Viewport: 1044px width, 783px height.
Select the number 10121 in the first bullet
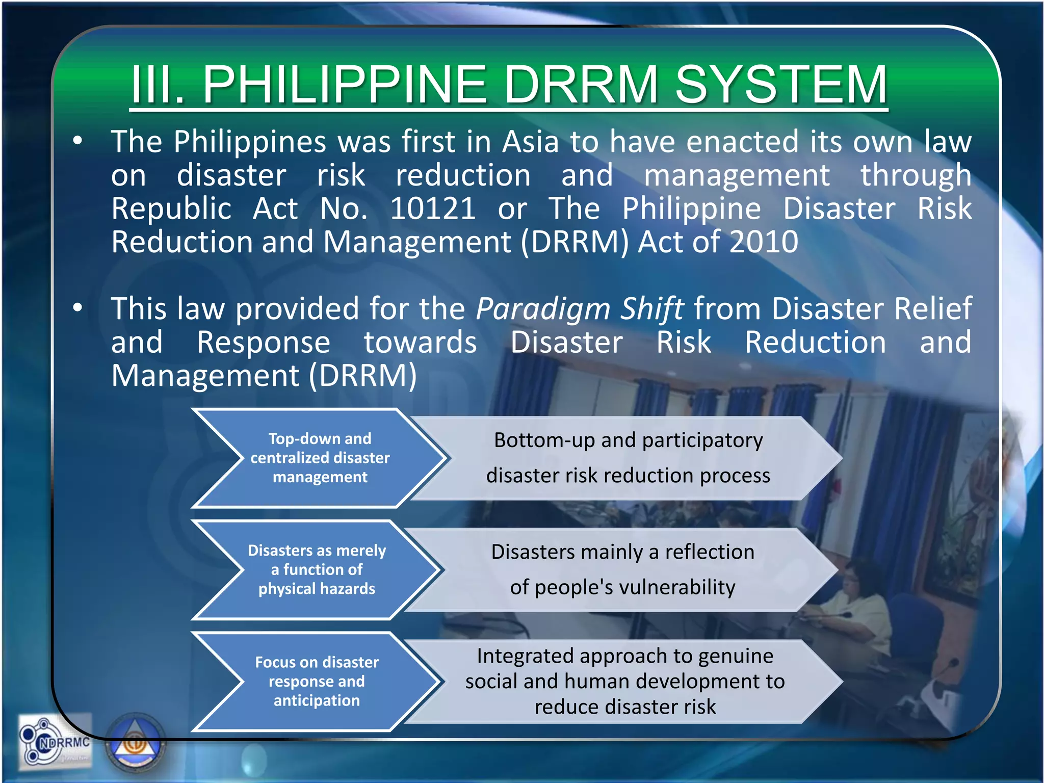tap(433, 208)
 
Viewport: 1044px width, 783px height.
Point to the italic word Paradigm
tap(542, 309)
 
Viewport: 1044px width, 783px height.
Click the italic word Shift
tap(651, 308)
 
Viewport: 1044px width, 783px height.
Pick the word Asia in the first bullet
tap(530, 142)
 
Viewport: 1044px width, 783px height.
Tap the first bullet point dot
tap(77, 141)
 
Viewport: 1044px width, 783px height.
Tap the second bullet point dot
tap(77, 308)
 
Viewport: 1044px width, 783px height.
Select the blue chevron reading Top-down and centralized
tap(320, 458)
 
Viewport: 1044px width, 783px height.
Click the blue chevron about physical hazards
tap(317, 569)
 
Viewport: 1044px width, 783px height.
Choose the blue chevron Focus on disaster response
tap(317, 681)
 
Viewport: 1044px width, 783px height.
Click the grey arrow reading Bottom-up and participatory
tap(628, 458)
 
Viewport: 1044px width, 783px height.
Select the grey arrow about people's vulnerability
tap(623, 569)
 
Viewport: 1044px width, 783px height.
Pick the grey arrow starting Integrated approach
tap(625, 681)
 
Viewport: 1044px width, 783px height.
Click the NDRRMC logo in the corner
tap(55, 742)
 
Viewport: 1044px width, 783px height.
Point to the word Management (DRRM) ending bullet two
tap(264, 376)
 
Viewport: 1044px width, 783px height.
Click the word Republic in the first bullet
tap(171, 208)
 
